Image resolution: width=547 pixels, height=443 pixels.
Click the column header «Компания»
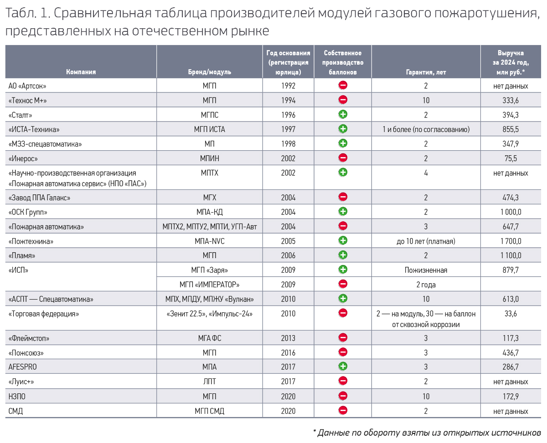(81, 72)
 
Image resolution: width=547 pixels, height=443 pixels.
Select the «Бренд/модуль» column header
(209, 72)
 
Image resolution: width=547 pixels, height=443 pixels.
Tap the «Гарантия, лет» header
(426, 72)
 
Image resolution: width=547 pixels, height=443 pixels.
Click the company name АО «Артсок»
(27, 86)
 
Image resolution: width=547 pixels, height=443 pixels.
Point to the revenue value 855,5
(511, 129)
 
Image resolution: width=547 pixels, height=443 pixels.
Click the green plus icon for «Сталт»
(343, 114)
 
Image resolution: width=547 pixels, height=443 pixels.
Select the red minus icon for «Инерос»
(343, 158)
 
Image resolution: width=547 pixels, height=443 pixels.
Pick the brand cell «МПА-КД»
(209, 212)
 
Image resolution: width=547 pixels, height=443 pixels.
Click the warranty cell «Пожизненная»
(426, 270)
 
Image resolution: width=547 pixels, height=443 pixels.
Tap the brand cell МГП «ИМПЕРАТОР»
(209, 285)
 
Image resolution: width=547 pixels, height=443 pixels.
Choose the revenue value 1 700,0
(511, 241)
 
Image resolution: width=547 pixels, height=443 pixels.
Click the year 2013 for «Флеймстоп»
(288, 338)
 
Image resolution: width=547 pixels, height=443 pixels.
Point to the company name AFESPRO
(22, 367)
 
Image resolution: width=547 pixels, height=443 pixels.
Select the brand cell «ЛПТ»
(209, 382)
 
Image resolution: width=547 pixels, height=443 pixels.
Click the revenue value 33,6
(511, 314)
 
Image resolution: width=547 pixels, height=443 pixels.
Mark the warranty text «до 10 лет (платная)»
(426, 241)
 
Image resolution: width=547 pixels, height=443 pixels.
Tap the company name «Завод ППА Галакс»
(39, 197)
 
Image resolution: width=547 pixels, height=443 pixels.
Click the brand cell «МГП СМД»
(209, 411)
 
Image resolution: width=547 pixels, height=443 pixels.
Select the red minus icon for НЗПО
(343, 396)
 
